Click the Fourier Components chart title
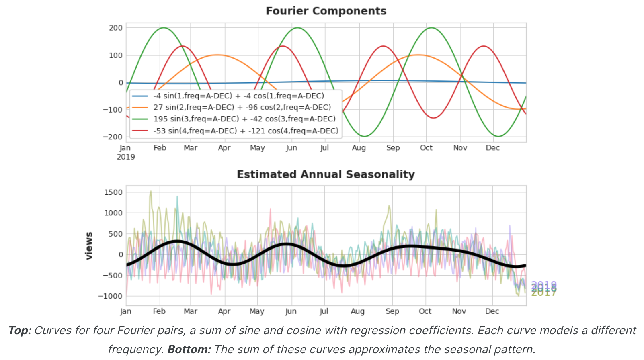coord(326,11)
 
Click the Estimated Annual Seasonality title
coord(326,174)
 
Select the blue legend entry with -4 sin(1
coord(238,96)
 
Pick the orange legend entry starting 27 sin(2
coord(242,107)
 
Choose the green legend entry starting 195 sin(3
coord(244,119)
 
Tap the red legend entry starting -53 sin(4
coord(246,131)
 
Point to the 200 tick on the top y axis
coord(116,28)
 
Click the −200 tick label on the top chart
coord(113,137)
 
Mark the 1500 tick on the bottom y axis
coord(113,192)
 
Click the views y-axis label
coord(89,245)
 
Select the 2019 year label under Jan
coord(126,157)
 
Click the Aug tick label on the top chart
coord(359,148)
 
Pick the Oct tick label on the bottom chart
coord(425,311)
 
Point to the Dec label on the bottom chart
coord(492,311)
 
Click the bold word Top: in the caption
coord(20,331)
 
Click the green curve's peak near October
coord(431,28)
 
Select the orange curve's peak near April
coord(217,55)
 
